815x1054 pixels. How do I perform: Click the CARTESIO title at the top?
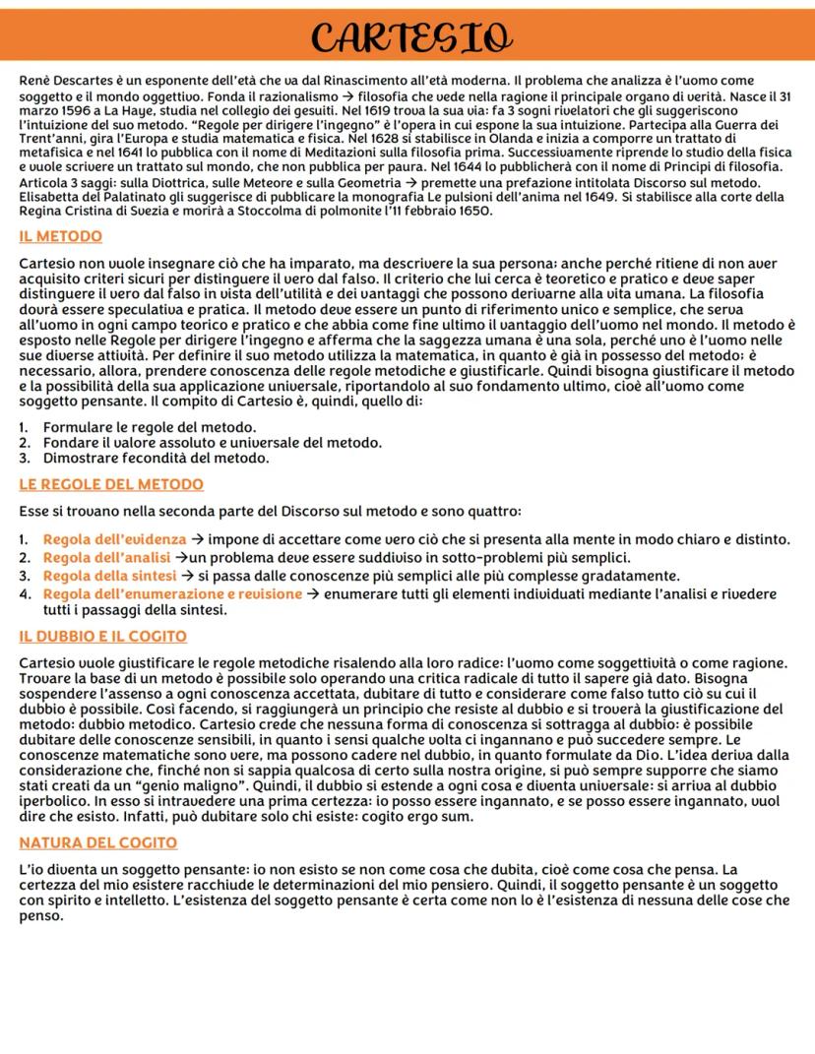pos(407,36)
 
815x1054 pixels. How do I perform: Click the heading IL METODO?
pos(60,236)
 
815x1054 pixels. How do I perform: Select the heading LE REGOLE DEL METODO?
pos(111,484)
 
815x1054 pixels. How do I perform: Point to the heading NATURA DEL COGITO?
pos(98,842)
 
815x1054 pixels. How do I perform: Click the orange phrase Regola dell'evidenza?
pos(114,539)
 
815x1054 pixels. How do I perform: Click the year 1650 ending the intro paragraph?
pos(471,211)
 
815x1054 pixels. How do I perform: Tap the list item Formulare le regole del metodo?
pos(150,426)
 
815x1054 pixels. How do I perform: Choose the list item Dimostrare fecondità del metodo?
pos(156,458)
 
